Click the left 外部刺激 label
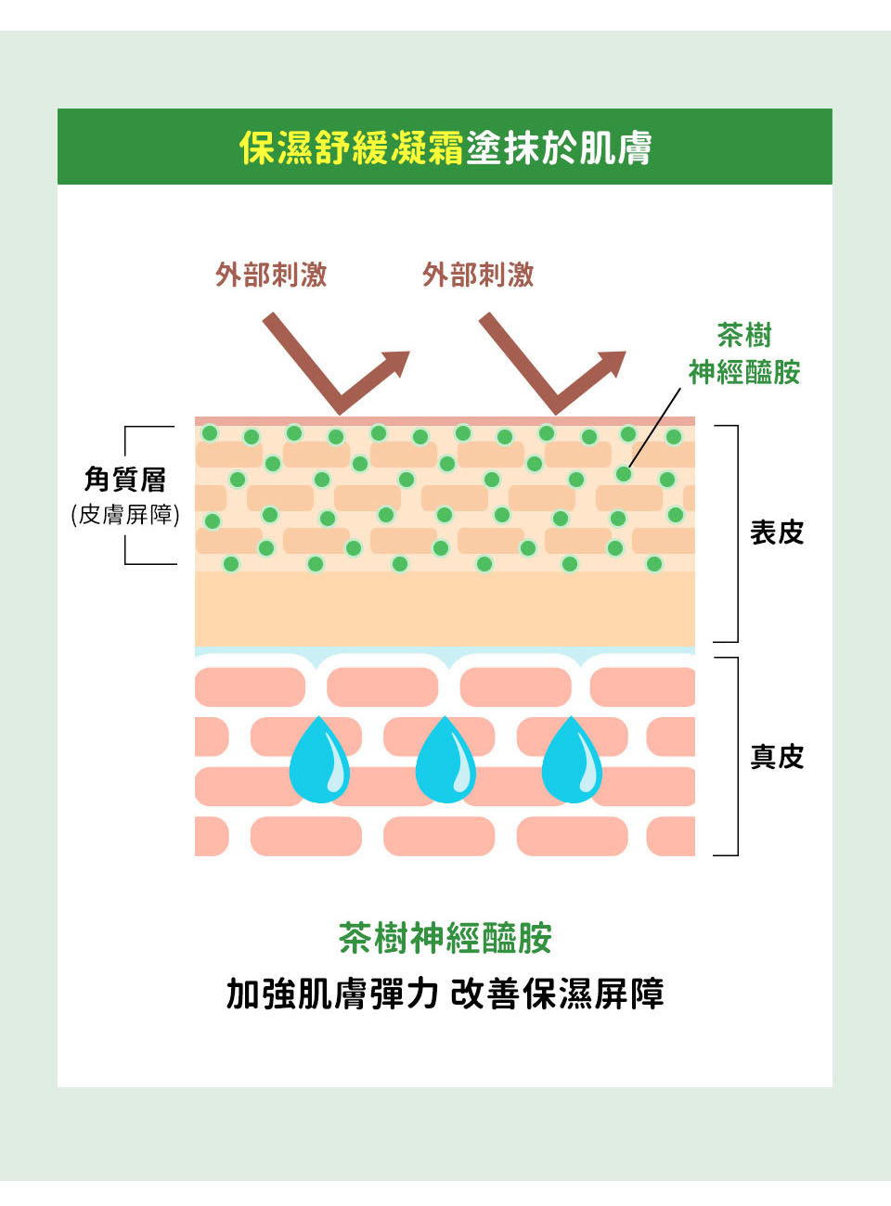271,275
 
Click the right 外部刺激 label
478,275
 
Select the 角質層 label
125,479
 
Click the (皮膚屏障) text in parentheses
125,515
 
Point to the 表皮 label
777,532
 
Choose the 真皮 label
777,757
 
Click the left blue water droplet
319,763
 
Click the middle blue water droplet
445,763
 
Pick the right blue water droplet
572,763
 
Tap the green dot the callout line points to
624,474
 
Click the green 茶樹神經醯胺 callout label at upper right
744,353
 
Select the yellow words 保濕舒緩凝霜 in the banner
351,148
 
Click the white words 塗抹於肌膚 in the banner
559,148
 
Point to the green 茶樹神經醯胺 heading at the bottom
445,938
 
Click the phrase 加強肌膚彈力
332,994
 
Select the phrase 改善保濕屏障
557,994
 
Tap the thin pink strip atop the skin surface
445,421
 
